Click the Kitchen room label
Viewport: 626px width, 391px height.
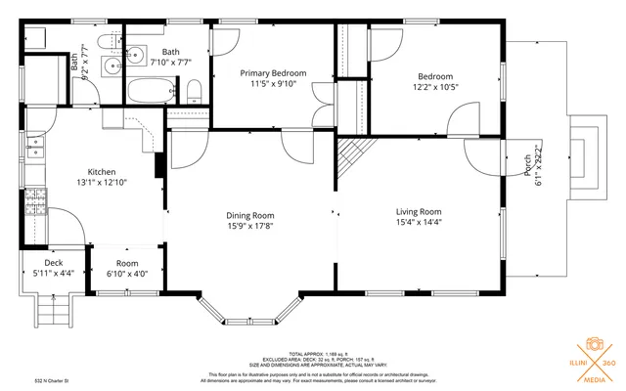[102, 170]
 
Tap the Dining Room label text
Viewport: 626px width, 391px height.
[249, 216]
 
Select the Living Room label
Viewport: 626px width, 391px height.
[419, 211]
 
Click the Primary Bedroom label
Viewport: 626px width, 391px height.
[273, 73]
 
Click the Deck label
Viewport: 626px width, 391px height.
[53, 263]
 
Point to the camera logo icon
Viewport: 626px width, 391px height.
[592, 344]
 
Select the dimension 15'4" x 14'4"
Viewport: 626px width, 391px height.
[419, 222]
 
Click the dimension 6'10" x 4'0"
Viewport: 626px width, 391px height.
[127, 275]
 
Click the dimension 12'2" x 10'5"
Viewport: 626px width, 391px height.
[435, 87]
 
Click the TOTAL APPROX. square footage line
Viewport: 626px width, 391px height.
[313, 354]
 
